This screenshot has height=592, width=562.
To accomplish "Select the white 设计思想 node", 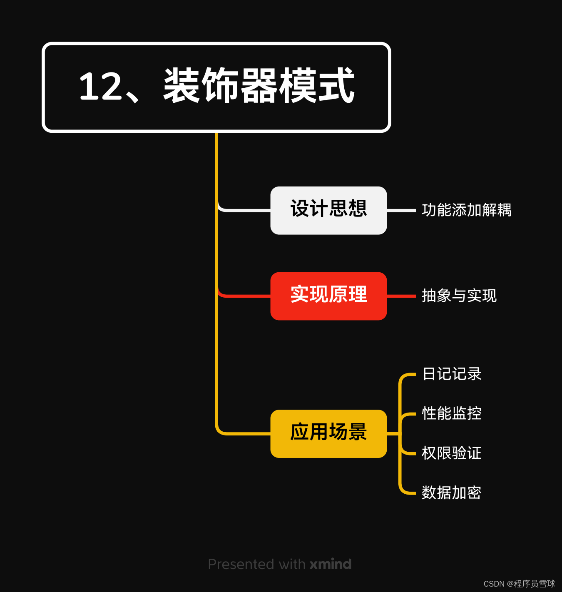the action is pos(328,210).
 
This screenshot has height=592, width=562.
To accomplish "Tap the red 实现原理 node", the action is pos(328,296).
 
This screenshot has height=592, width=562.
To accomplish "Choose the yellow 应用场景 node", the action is pos(328,433).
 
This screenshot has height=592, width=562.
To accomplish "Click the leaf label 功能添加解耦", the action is pos(466,210).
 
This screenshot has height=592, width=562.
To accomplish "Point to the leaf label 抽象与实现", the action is pos(459,296).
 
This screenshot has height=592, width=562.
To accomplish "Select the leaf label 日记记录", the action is pos(452,374).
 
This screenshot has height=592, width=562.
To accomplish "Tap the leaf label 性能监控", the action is pos(452,413).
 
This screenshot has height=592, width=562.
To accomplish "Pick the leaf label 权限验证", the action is pos(452,453).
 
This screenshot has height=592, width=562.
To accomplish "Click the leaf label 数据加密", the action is pos(452,493).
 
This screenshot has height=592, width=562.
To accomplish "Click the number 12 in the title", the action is pos(99,87).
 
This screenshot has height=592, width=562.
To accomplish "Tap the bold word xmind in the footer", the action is pos(331,564).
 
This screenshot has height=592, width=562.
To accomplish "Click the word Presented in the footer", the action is pos(241,564).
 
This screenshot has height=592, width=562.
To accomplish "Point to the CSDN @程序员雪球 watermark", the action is pos(519,584).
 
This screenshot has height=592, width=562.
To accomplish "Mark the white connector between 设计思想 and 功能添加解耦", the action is pos(401,211).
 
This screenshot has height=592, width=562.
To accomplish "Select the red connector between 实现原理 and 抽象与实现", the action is pos(401,296).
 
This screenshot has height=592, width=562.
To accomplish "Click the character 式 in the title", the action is pos(336,86).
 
